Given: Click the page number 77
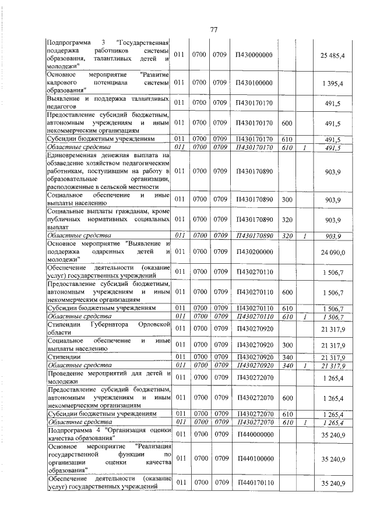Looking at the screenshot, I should (x=213, y=30).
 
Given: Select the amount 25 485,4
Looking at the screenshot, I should (x=333, y=55).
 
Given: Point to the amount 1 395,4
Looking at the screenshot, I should (x=335, y=84).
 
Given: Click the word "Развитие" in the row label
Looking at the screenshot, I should (x=154, y=75).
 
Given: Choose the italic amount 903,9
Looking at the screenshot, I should (x=335, y=235).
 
